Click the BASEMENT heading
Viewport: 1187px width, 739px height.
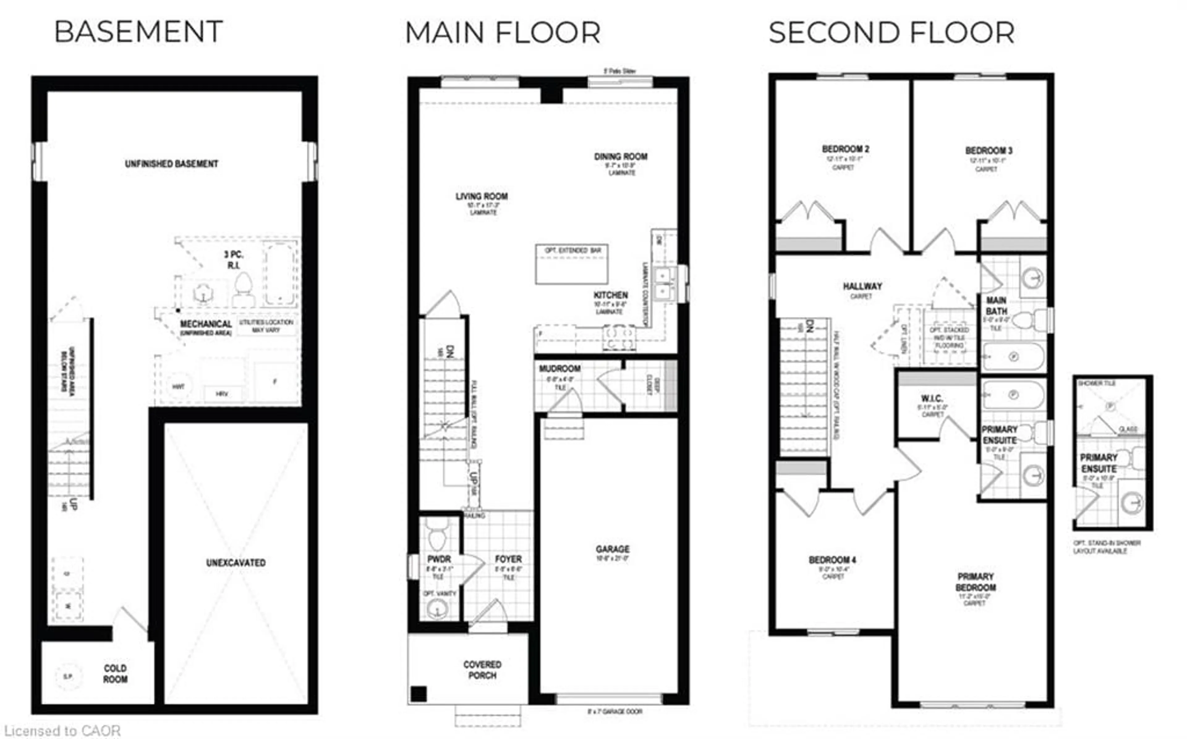[138, 32]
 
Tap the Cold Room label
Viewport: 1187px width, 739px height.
[115, 674]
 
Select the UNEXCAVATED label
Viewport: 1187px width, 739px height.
[236, 563]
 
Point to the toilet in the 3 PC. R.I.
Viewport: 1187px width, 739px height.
[243, 288]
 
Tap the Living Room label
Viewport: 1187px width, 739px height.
[482, 196]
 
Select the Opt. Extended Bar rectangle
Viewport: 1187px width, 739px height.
[571, 264]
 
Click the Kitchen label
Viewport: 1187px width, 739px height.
[611, 295]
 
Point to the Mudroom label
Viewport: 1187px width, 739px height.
[559, 368]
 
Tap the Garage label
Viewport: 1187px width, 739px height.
[612, 549]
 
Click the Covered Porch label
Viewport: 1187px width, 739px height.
[482, 670]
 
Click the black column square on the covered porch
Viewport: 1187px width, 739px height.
[418, 694]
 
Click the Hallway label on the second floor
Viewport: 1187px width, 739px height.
[862, 286]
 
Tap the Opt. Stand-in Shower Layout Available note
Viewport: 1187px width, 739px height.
[1107, 547]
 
